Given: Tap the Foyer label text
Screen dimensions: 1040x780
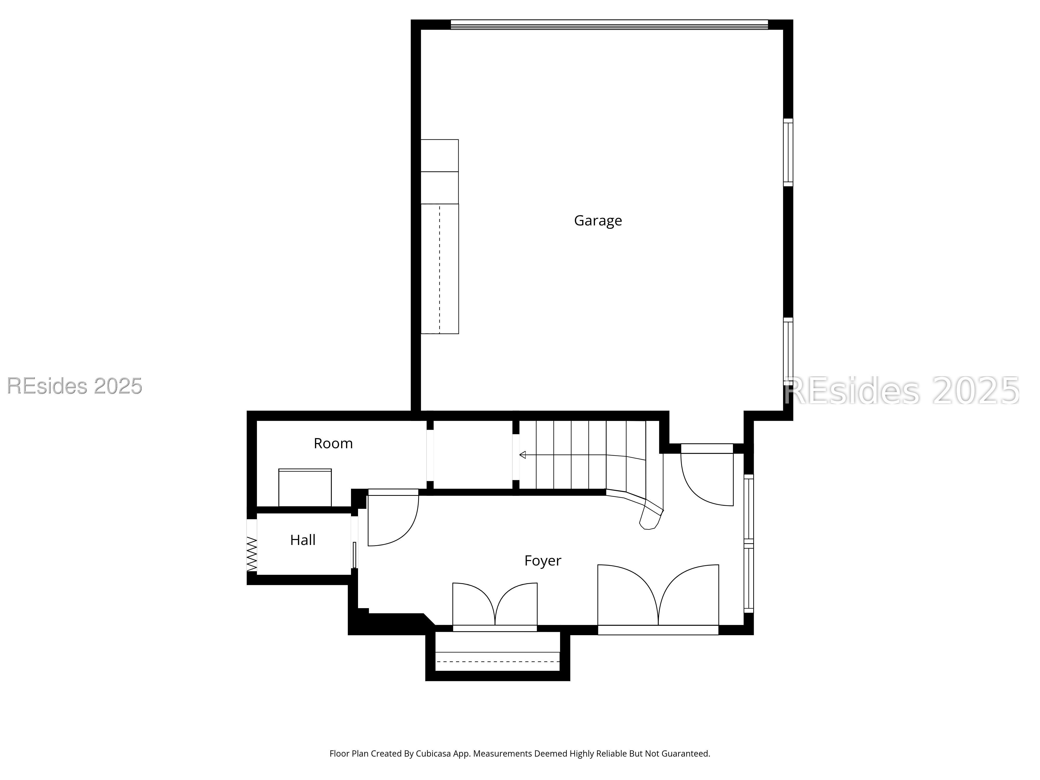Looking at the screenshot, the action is tap(543, 561).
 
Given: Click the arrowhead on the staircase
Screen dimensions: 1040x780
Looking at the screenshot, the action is tap(522, 455).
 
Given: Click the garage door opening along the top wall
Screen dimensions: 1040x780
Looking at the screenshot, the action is tap(609, 24).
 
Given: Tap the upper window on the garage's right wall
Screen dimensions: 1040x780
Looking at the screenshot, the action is tap(788, 152).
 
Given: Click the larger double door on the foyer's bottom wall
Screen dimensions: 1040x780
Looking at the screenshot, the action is tap(658, 600).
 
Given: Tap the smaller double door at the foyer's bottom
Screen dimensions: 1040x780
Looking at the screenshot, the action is tap(495, 607).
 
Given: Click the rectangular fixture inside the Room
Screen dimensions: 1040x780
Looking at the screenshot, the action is tap(305, 487).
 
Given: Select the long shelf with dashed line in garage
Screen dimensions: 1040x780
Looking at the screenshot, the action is tap(440, 269).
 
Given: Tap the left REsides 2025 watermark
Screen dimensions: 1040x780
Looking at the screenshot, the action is tap(74, 386).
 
